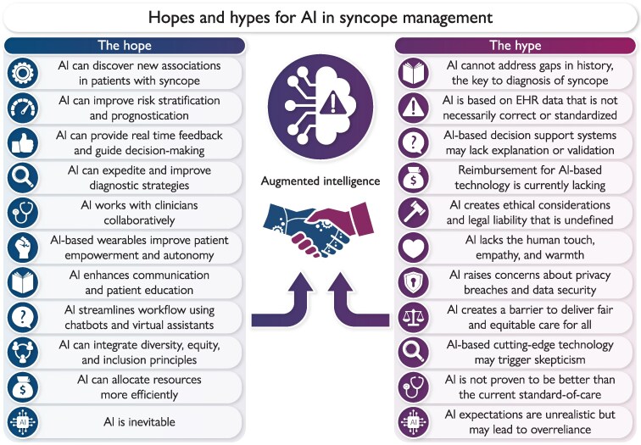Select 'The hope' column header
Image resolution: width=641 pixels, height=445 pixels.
(x=125, y=46)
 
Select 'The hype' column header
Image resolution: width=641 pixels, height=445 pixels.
(x=516, y=46)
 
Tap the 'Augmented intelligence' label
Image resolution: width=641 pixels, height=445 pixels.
(x=320, y=181)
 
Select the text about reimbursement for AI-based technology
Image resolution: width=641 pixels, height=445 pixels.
(x=528, y=177)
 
